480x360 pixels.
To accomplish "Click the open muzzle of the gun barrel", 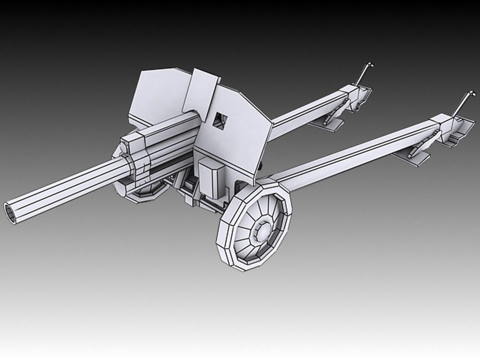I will pyautogui.click(x=11, y=213).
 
